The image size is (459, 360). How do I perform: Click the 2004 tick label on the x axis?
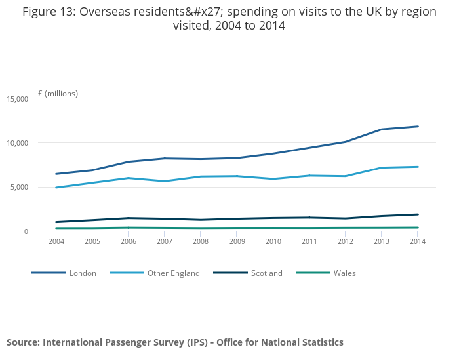[56, 241]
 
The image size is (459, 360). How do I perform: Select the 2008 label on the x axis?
[200, 241]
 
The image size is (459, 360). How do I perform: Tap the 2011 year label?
[309, 241]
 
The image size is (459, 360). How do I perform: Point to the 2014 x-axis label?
[418, 241]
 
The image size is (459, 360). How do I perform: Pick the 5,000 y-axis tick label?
[19, 188]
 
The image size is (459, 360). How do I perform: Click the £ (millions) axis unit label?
[58, 94]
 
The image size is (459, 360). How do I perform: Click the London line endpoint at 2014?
[418, 127]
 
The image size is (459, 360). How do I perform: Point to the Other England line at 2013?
[382, 168]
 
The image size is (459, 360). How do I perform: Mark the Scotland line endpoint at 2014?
[418, 214]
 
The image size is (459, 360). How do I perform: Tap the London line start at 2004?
[56, 174]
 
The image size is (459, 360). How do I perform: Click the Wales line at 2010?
[273, 228]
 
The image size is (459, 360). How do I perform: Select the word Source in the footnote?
[23, 342]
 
